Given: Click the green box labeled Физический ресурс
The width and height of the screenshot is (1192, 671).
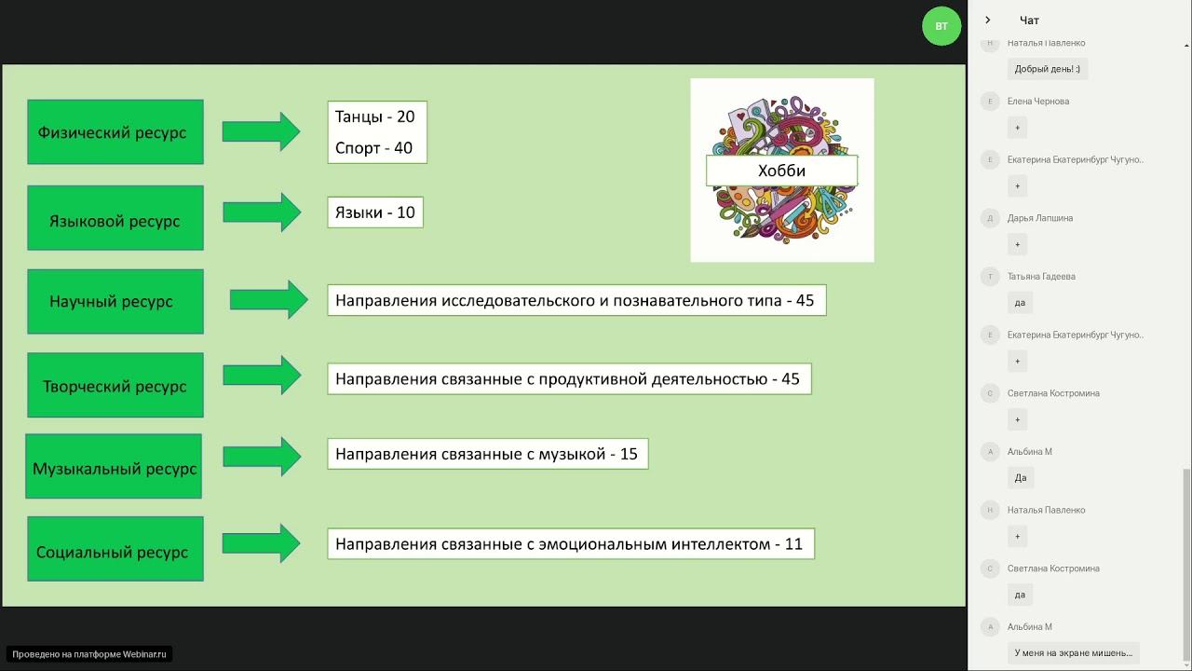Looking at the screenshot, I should [x=115, y=132].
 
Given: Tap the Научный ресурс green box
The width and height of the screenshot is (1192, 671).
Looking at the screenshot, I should [x=115, y=302].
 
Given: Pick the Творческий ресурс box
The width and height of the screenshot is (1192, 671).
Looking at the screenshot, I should [x=115, y=386].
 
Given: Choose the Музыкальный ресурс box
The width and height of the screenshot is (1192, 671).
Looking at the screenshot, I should [x=114, y=467].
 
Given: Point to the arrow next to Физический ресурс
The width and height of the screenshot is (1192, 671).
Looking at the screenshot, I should [x=261, y=131].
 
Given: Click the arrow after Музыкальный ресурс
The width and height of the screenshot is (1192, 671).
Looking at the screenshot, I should [x=262, y=456].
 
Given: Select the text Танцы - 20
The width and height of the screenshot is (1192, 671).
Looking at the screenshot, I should [x=374, y=116].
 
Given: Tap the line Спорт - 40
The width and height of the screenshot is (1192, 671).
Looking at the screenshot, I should [x=373, y=147].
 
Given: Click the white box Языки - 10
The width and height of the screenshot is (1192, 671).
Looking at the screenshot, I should [x=374, y=212].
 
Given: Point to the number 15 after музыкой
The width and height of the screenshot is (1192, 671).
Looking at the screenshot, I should [x=629, y=455].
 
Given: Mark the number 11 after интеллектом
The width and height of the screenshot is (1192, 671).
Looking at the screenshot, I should [x=793, y=543].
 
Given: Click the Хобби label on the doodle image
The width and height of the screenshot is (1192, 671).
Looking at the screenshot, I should [x=781, y=171].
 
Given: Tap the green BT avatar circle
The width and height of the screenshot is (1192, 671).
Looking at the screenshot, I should [x=941, y=26].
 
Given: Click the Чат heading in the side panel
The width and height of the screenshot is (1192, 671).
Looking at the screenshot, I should [x=1029, y=21].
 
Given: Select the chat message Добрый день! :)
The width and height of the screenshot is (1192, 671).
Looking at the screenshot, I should [x=1047, y=69].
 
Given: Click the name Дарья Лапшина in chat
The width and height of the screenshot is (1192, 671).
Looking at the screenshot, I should [x=1040, y=218].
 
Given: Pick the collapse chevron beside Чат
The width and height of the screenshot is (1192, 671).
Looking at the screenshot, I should [x=988, y=21].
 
